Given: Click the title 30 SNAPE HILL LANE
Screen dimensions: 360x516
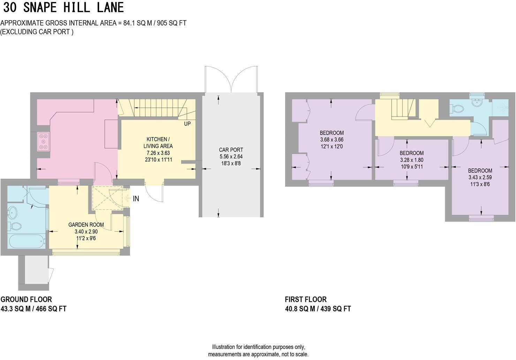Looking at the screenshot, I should [x=63, y=7].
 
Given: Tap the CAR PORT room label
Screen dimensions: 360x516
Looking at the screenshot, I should [x=231, y=150].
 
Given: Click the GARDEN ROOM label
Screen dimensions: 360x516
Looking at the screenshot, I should [x=86, y=225].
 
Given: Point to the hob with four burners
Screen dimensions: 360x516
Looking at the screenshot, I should [x=44, y=142].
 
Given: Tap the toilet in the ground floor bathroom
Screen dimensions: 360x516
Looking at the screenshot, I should [x=15, y=226].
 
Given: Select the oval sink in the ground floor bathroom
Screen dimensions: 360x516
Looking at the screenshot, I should [x=14, y=212].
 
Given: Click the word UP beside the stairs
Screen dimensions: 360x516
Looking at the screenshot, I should [x=187, y=124].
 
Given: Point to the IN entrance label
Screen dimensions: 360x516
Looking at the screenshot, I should [x=136, y=199].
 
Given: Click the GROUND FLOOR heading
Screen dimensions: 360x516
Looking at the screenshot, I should [x=26, y=299].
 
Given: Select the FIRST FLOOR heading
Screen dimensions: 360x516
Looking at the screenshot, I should [x=305, y=299].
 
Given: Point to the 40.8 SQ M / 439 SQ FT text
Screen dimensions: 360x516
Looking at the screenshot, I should [x=318, y=309].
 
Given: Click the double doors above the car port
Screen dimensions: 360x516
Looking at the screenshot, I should [x=231, y=80].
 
